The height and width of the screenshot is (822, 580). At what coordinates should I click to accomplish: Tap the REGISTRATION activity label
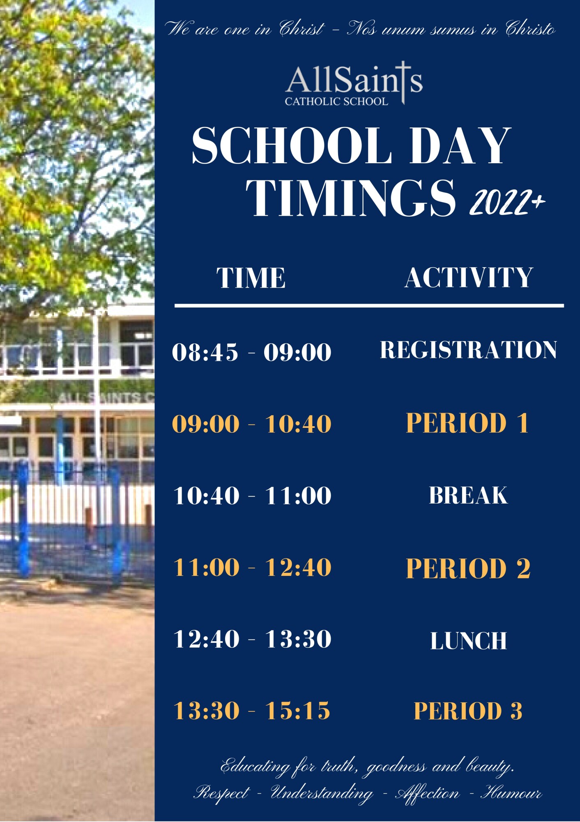[x=468, y=350]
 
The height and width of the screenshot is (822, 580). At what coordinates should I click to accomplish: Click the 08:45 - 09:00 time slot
[x=251, y=352]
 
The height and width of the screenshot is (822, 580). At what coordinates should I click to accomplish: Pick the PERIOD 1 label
[x=467, y=423]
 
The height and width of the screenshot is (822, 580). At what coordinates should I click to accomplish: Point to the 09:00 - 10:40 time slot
[x=251, y=424]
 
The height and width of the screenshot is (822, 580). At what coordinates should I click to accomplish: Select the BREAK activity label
[x=468, y=495]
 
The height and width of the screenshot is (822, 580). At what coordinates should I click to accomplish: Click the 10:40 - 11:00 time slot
[x=252, y=495]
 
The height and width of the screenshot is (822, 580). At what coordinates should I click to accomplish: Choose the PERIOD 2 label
[x=468, y=568]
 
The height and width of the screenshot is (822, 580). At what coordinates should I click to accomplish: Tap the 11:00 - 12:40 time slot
[x=252, y=568]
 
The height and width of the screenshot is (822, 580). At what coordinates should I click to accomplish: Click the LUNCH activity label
[x=468, y=641]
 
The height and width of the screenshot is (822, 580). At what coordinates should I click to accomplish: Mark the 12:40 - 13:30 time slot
[x=252, y=639]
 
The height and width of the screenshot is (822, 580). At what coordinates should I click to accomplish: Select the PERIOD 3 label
[x=468, y=711]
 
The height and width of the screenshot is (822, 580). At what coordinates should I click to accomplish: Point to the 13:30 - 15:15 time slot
[x=252, y=711]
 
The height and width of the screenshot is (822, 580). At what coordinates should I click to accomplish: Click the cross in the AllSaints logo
[x=403, y=82]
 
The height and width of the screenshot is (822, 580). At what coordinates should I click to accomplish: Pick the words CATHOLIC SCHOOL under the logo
[x=336, y=101]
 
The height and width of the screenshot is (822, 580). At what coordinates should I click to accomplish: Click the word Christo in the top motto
[x=530, y=29]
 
